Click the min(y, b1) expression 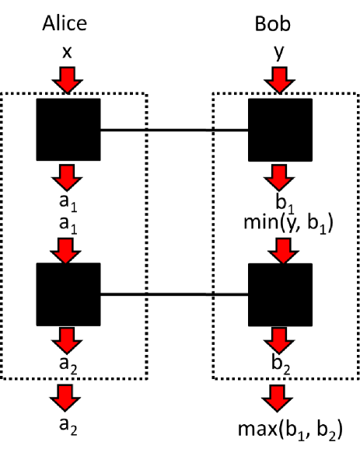[x=280, y=225]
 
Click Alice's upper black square [x=68, y=130]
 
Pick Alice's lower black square [x=68, y=294]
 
